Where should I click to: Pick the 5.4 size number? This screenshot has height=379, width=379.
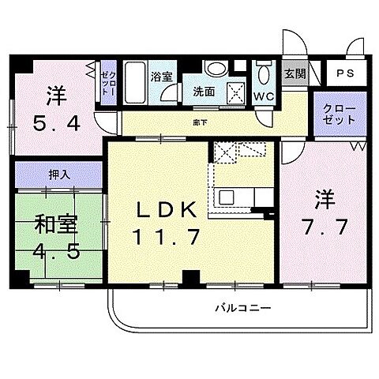pos(57,122)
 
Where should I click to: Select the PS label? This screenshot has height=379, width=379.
pos(345,73)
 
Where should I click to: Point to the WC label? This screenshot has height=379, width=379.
pos(263,97)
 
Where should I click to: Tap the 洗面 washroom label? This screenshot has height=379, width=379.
pos(204,92)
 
